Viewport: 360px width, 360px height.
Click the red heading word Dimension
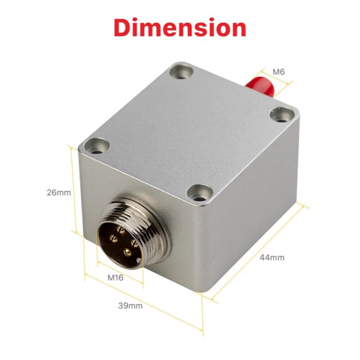180,28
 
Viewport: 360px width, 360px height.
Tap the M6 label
279,71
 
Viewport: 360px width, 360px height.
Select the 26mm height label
58,193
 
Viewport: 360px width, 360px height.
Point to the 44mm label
272,258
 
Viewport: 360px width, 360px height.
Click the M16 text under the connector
115,278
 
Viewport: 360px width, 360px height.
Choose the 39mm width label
130,306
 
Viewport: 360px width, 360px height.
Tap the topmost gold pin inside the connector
121,229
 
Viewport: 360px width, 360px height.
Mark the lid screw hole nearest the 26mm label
96,146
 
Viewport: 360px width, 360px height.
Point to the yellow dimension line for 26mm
73,189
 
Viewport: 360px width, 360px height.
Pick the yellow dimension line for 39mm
144,304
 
